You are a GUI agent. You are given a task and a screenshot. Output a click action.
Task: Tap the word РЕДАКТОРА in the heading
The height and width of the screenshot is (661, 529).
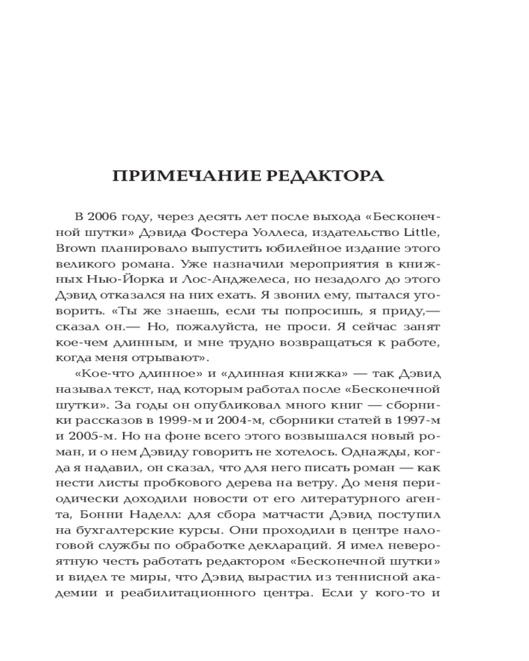point(328,176)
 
